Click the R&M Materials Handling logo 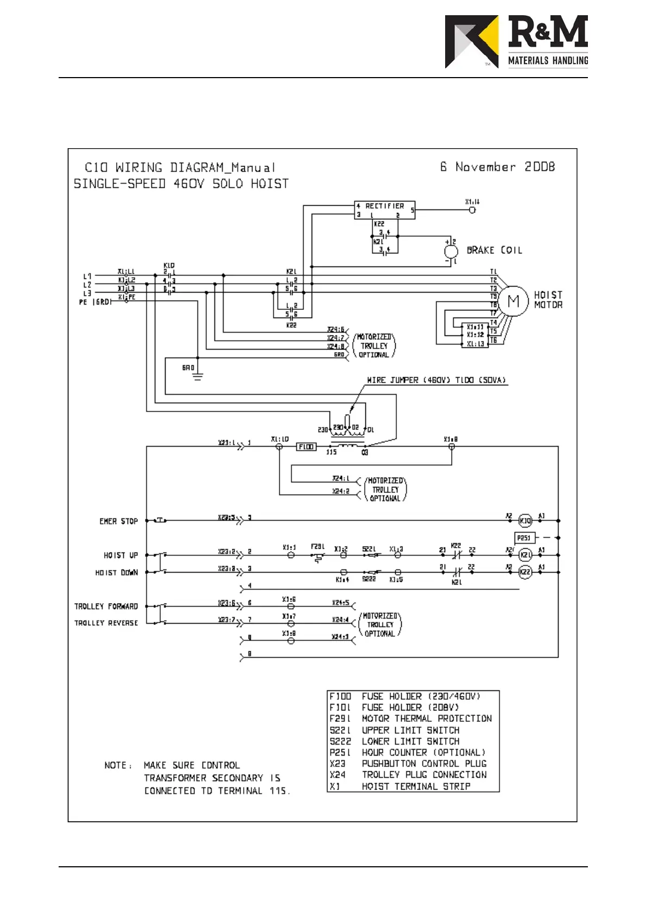click(516, 42)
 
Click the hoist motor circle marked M click(513, 301)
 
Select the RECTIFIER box click(385, 210)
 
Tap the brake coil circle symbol click(451, 251)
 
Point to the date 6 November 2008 click(497, 167)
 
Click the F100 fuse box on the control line click(306, 447)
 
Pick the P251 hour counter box click(524, 538)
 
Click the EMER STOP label click(118, 521)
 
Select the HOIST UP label click(121, 555)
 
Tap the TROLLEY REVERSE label click(106, 623)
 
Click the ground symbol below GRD click(198, 376)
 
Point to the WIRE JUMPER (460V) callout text click(436, 380)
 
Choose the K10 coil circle click(525, 521)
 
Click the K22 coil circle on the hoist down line click(525, 572)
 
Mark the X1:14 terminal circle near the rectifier click(472, 210)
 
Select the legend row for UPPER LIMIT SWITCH click(394, 730)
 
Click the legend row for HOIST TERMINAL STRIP click(400, 786)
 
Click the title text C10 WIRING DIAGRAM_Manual click(180, 167)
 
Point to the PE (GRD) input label click(95, 302)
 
